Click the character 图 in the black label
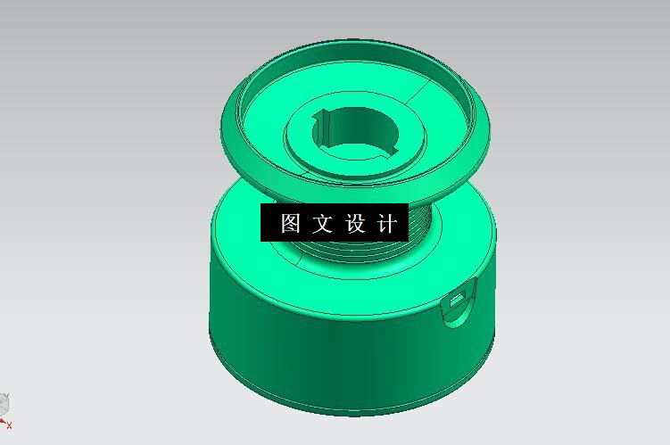point(291,223)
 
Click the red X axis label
point(10,425)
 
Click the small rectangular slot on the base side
point(459,299)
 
